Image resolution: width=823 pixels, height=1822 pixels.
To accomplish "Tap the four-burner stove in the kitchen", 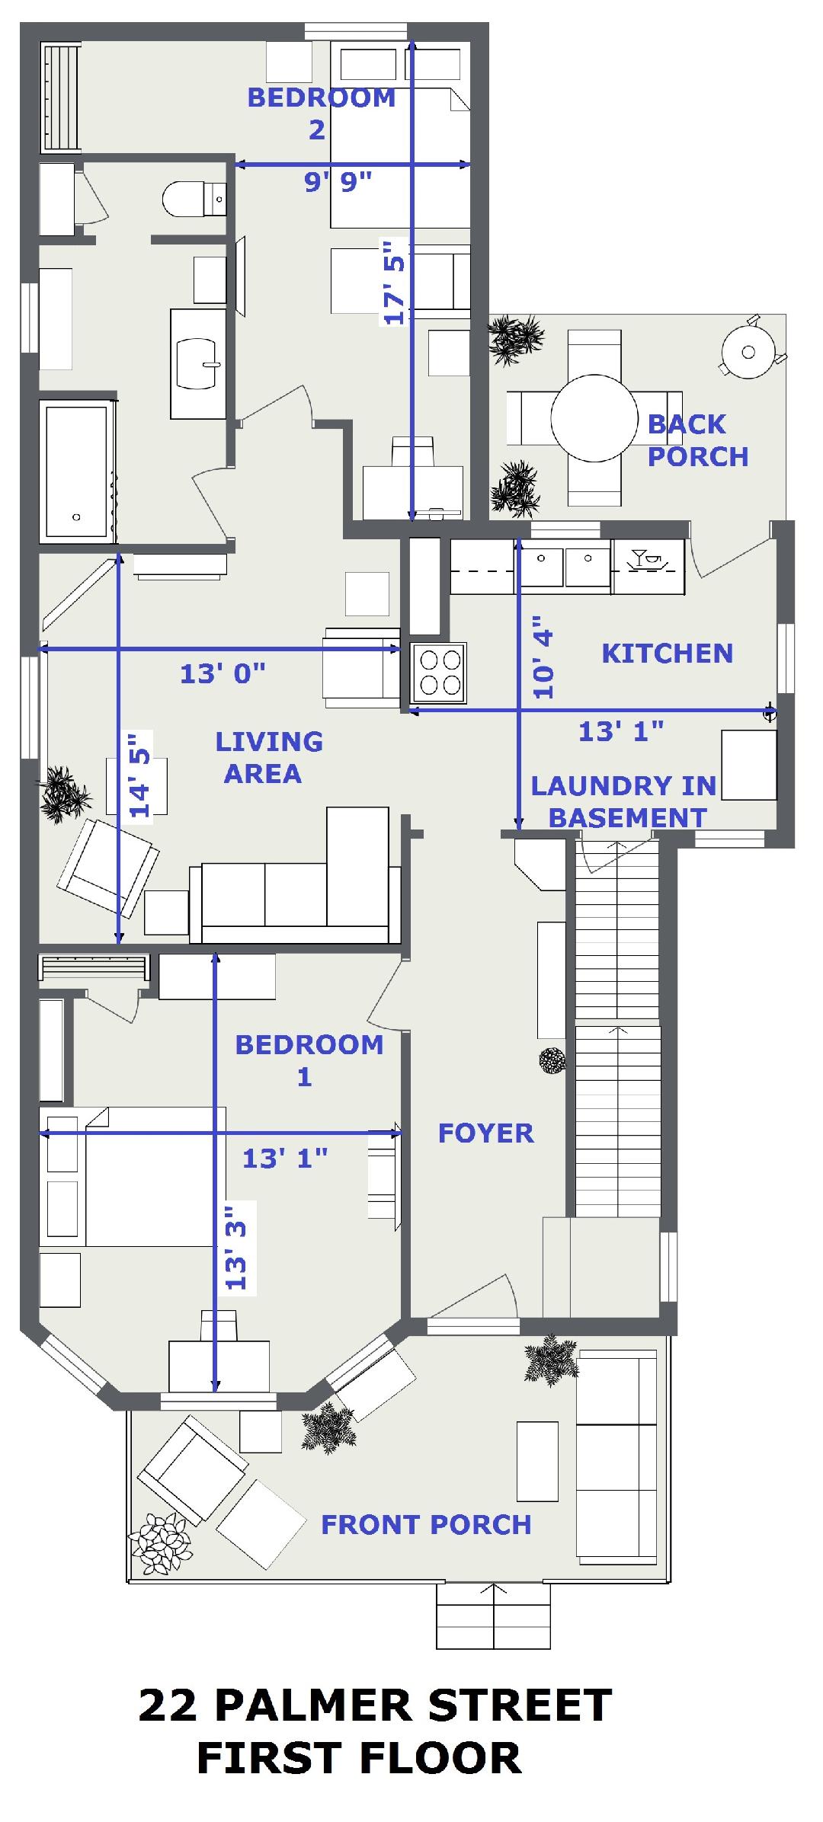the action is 438,673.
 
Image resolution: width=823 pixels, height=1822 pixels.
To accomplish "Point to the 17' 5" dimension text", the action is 394,283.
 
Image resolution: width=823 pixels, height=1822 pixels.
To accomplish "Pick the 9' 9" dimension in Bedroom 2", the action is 338,182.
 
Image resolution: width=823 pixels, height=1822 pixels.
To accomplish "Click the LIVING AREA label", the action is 268,757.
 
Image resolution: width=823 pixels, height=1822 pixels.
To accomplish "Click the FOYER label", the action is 485,1133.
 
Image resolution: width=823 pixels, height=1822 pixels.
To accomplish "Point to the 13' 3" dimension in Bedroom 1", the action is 238,1247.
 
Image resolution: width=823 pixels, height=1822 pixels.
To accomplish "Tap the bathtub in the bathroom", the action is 78,471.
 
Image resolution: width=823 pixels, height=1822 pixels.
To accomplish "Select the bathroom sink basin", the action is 198,363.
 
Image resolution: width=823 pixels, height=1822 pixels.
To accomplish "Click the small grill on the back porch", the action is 750,351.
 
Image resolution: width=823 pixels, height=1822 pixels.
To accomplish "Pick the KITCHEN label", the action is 668,653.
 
